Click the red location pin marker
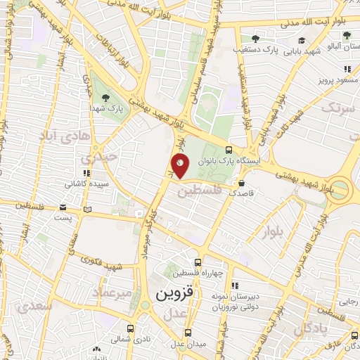tap(180, 167)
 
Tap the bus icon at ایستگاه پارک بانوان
tap(229, 150)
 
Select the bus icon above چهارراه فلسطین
tap(204, 262)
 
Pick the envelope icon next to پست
tap(63, 208)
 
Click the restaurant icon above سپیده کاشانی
tap(86, 173)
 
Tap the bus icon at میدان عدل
tap(187, 333)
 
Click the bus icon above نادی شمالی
tap(130, 328)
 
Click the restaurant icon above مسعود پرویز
tap(347, 69)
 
